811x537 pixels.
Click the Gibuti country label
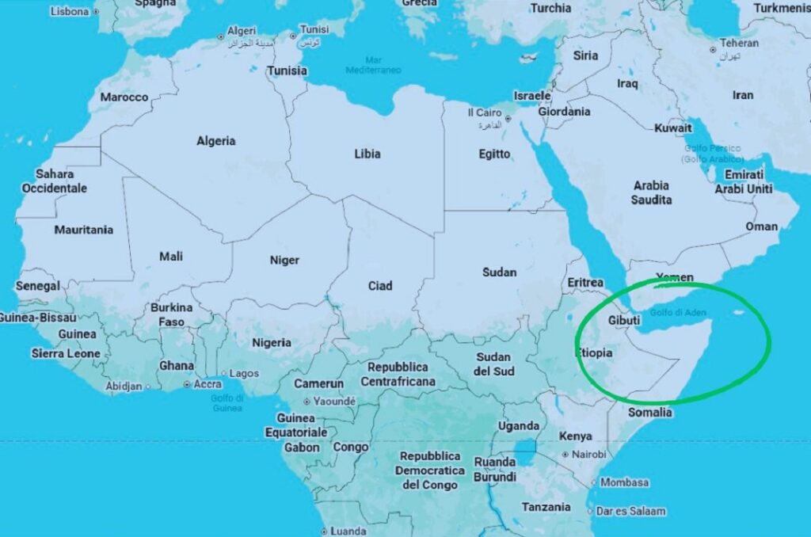click(x=624, y=320)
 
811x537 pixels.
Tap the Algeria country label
click(x=216, y=141)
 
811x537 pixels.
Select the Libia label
click(x=367, y=154)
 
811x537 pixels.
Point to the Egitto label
click(x=494, y=154)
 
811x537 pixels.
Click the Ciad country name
click(x=380, y=285)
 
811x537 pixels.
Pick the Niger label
click(x=284, y=260)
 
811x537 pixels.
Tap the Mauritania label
click(x=83, y=230)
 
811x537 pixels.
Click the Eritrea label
click(x=585, y=282)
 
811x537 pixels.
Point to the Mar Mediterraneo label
click(x=373, y=65)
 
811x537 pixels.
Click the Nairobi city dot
click(x=565, y=455)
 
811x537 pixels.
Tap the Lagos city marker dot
click(x=224, y=373)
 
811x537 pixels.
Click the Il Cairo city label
click(x=483, y=113)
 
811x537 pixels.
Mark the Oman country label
click(x=761, y=227)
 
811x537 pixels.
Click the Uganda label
click(x=518, y=426)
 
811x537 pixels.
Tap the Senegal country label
click(x=37, y=285)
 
